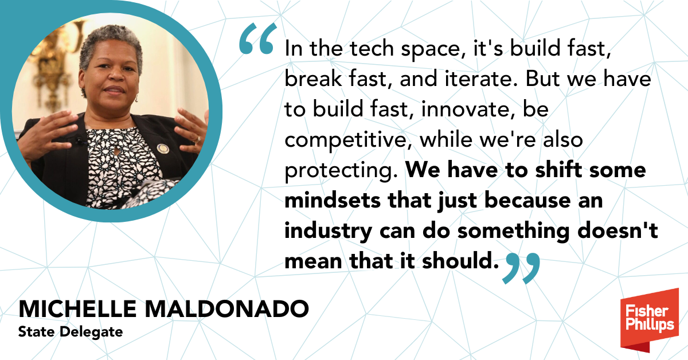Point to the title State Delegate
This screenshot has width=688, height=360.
click(70, 331)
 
